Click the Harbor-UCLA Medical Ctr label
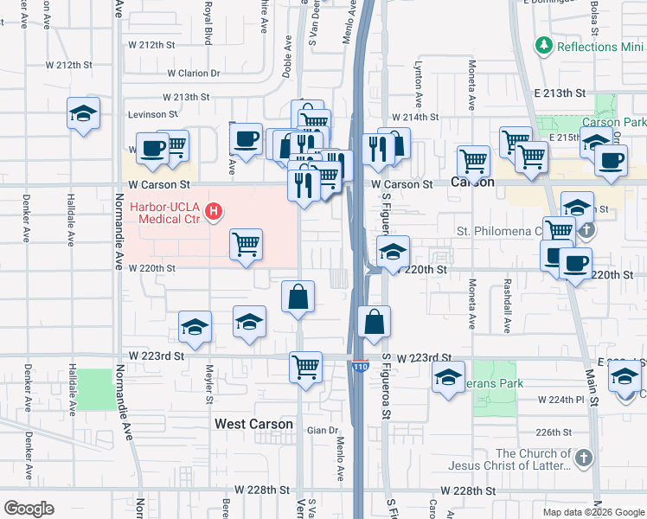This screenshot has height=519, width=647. pos(170,213)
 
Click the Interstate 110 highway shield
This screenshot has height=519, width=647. pos(361,366)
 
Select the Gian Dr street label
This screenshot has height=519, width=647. pos(320,430)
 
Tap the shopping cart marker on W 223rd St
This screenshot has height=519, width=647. pos(306,366)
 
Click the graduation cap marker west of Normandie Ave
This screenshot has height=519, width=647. pos(84,113)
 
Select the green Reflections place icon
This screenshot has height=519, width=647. pos(543,44)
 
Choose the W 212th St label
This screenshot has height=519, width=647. pos(152,44)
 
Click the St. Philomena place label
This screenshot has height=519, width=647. pos(497,232)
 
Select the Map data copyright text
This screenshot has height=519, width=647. pos(593,511)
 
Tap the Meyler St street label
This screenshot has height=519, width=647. pos(208,388)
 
